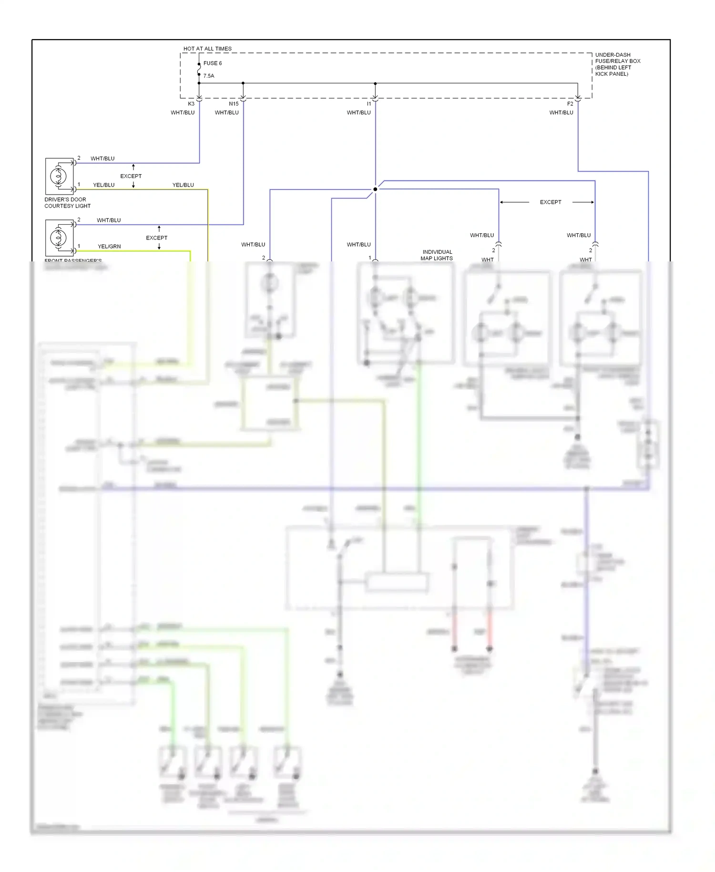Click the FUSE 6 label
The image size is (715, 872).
212,63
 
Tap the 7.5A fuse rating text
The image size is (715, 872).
209,76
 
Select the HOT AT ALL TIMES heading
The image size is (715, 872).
207,49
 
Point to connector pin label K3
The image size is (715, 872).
191,104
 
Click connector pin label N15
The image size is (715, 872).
234,104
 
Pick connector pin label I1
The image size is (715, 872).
369,104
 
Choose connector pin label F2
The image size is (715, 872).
570,104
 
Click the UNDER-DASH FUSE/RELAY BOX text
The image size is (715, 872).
617,64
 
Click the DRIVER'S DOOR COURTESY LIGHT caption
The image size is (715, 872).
67,203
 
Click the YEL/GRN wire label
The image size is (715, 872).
109,246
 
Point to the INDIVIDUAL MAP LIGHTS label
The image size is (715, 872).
437,255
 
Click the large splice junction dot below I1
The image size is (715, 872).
375,189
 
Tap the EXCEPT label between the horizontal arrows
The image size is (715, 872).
550,202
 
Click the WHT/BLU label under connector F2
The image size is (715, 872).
561,113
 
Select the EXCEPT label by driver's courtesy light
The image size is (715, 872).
131,176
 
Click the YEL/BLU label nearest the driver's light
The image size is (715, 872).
103,185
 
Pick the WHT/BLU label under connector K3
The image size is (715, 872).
183,113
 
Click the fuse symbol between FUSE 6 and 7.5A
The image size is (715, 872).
199,70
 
